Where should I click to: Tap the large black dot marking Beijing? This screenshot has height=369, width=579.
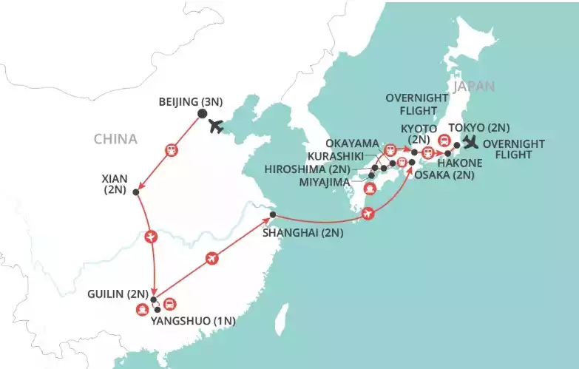click(202, 115)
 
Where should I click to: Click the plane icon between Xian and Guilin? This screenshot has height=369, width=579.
click(152, 237)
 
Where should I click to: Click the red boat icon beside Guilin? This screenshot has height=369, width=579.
click(141, 310)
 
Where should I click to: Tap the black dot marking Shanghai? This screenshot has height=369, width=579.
click(272, 215)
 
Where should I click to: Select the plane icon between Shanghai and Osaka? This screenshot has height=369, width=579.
click(369, 214)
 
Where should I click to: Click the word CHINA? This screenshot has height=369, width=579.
click(115, 139)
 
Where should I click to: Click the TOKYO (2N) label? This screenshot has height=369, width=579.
click(479, 127)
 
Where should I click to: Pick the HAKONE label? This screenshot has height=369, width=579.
click(460, 162)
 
